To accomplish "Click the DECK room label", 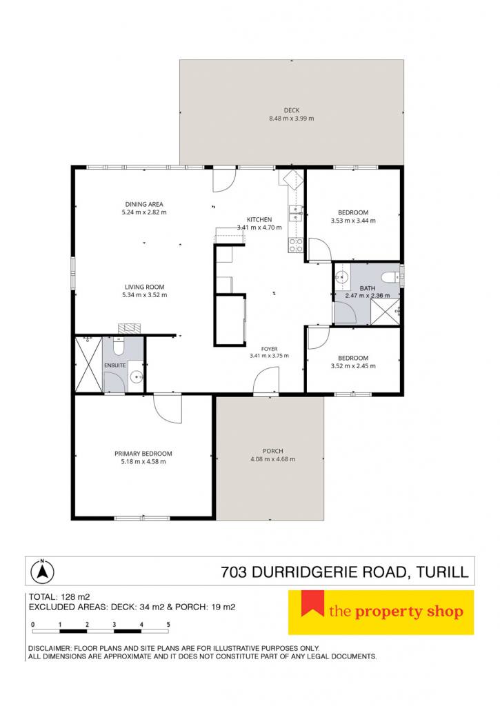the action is tap(292, 110).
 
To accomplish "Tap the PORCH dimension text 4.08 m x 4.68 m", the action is tap(273, 459).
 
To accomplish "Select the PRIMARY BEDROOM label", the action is tap(143, 454).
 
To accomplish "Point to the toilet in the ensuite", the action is tap(119, 346).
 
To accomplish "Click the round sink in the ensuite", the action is tap(136, 376).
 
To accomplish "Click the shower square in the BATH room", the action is tap(385, 311).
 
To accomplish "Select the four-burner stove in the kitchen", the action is tap(295, 245).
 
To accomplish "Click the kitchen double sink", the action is tap(295, 214).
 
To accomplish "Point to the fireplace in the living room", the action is tap(130, 328).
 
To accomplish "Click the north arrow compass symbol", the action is tap(42, 571).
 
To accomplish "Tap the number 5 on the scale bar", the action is tap(168, 625).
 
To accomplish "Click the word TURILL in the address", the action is tap(442, 572).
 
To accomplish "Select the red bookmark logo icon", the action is tap(312, 603).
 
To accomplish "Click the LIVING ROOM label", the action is tap(145, 287).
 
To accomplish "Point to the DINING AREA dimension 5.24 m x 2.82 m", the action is tap(144, 212).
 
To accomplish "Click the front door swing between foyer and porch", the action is tap(267, 381).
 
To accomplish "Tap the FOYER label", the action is tap(270, 349).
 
